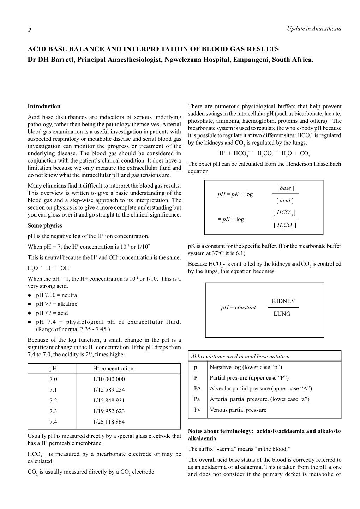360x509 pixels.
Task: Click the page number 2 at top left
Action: pyautogui.click(x=30, y=30)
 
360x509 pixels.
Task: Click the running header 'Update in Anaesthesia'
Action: pyautogui.click(x=314, y=29)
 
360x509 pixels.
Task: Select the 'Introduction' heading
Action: pyautogui.click(x=44, y=106)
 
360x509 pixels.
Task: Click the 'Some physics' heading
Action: pyautogui.click(x=45, y=225)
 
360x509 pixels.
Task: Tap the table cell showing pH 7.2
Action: pyautogui.click(x=53, y=400)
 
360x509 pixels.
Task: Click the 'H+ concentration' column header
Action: pyautogui.click(x=113, y=368)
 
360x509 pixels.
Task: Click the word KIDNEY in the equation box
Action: pyautogui.click(x=283, y=301)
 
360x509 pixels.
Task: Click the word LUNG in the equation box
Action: pyautogui.click(x=282, y=314)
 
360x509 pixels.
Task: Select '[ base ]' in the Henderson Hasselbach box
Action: pyautogui.click(x=285, y=188)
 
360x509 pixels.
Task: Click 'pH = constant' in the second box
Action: pyautogui.click(x=238, y=307)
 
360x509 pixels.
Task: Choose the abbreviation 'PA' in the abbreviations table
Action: pyautogui.click(x=197, y=388)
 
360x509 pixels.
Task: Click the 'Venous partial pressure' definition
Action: pyautogui.click(x=238, y=410)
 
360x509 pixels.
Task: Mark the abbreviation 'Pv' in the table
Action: pyautogui.click(x=197, y=410)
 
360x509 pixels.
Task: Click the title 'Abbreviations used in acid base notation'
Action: pyautogui.click(x=240, y=356)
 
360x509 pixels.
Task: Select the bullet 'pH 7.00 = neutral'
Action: pyautogui.click(x=57, y=295)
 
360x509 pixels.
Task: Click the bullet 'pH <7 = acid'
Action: pyautogui.click(x=52, y=313)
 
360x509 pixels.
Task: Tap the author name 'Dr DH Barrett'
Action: pyautogui.click(x=50, y=59)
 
